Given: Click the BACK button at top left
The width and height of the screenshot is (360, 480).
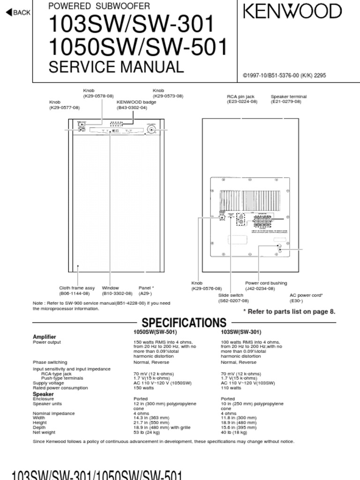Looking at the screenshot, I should coord(18,13).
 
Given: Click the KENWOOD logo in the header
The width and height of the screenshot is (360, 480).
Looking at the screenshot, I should coord(292,12).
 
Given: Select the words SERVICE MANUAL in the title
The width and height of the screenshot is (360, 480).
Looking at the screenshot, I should coord(116,67).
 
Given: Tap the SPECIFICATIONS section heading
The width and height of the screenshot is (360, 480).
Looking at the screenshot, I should coord(184,322).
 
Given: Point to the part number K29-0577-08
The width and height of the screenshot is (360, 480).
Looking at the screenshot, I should coord(65,108).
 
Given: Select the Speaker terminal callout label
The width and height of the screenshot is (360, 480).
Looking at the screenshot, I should coord(289,97).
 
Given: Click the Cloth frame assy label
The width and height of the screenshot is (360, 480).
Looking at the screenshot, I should coord(77,288).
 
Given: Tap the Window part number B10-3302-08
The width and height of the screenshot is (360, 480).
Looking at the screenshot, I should coord(117,293).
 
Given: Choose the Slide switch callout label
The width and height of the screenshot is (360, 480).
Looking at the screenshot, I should coord(231,295).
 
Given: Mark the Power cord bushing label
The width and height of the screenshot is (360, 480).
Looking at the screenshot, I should coord(266,283).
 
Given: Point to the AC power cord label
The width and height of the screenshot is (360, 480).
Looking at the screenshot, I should coord(306,295).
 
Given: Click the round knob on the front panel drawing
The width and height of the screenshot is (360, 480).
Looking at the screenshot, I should coord(151,130).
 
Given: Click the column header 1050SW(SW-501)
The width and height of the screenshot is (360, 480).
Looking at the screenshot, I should coord(155,332).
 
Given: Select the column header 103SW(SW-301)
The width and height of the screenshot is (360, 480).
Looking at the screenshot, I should coord(241,332).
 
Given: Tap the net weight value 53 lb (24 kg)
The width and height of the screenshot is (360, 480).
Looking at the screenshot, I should coord(147,432).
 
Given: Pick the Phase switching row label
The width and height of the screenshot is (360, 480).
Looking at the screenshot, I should coord(50,362).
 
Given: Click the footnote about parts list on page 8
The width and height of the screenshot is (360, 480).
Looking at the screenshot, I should coord(289,311).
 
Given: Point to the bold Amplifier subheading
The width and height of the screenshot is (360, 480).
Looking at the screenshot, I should coord(44,337).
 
